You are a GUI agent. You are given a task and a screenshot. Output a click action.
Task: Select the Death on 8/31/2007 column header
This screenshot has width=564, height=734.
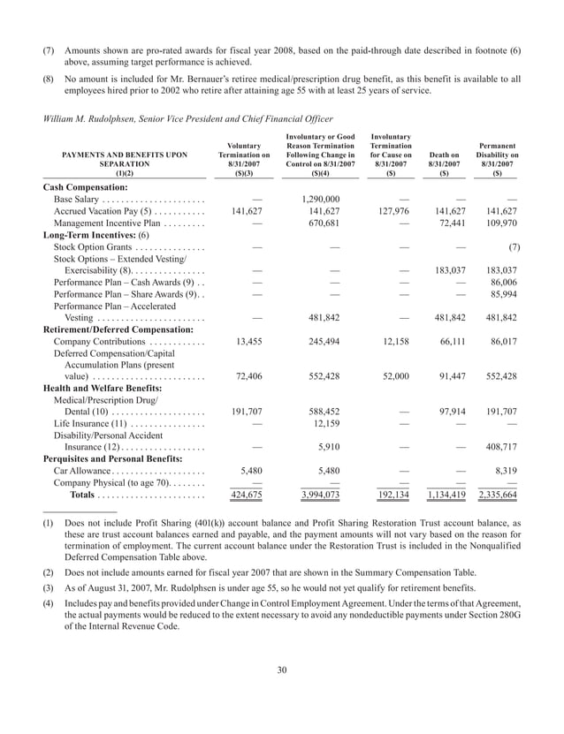point(445,159)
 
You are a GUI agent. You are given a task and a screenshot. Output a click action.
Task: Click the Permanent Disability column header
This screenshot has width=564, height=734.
point(497,154)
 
